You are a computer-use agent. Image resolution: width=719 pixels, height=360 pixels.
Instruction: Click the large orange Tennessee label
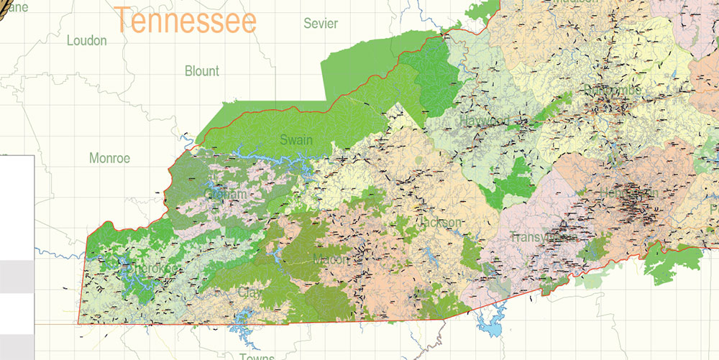(185, 20)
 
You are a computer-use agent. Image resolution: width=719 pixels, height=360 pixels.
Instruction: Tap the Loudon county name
(86, 41)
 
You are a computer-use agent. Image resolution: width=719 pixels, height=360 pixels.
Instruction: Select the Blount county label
(202, 71)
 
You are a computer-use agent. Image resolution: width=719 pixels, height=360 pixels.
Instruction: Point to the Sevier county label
(321, 24)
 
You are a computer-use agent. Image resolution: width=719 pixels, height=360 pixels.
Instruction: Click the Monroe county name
(109, 157)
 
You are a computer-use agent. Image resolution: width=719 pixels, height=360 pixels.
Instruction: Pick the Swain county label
(296, 139)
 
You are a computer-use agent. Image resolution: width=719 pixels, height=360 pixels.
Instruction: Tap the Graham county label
(226, 195)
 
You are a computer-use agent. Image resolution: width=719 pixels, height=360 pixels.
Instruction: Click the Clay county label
(249, 293)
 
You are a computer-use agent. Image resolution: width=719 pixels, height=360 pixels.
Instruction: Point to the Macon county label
(331, 259)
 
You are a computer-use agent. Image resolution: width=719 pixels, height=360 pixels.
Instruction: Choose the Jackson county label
(439, 223)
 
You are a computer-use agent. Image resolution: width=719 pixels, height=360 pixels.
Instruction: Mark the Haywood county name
(485, 121)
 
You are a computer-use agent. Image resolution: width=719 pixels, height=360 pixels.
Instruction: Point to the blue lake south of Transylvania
(492, 328)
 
